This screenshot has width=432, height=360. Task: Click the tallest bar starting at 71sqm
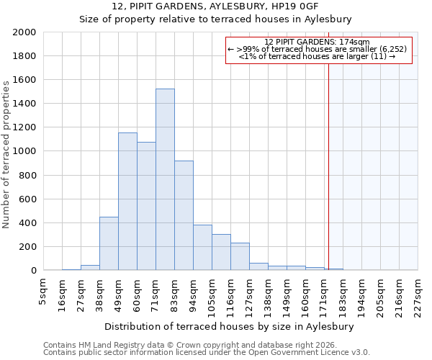click(165, 180)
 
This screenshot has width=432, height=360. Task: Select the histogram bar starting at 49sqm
click(127, 202)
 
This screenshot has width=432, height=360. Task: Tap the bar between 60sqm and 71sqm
click(146, 206)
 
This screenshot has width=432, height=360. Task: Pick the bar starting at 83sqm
click(184, 215)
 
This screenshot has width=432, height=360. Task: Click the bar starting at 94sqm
click(202, 248)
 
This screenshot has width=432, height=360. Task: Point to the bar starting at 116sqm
click(240, 256)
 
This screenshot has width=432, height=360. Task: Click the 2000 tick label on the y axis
click(24, 32)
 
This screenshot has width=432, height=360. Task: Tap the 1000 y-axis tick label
click(24, 151)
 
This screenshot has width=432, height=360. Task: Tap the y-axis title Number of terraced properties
click(6, 155)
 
